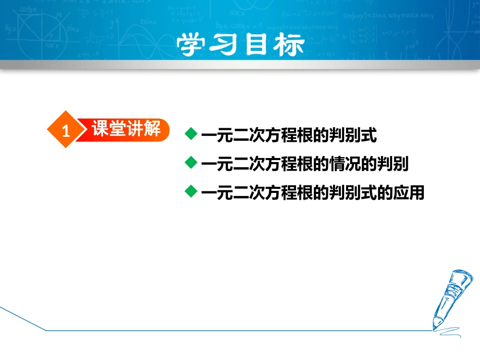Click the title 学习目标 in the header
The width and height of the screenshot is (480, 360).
(241, 45)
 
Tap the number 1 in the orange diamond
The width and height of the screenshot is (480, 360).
(66, 131)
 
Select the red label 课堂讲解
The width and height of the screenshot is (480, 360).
(126, 128)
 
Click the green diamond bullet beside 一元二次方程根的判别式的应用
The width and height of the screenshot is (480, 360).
(191, 191)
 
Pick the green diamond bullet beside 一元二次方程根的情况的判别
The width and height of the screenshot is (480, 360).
(191, 163)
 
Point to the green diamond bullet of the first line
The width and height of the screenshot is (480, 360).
(191, 134)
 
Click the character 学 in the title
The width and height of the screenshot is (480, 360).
(190, 45)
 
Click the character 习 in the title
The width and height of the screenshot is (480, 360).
(223, 45)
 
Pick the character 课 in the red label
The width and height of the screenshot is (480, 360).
(100, 128)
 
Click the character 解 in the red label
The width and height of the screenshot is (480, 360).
(152, 128)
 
